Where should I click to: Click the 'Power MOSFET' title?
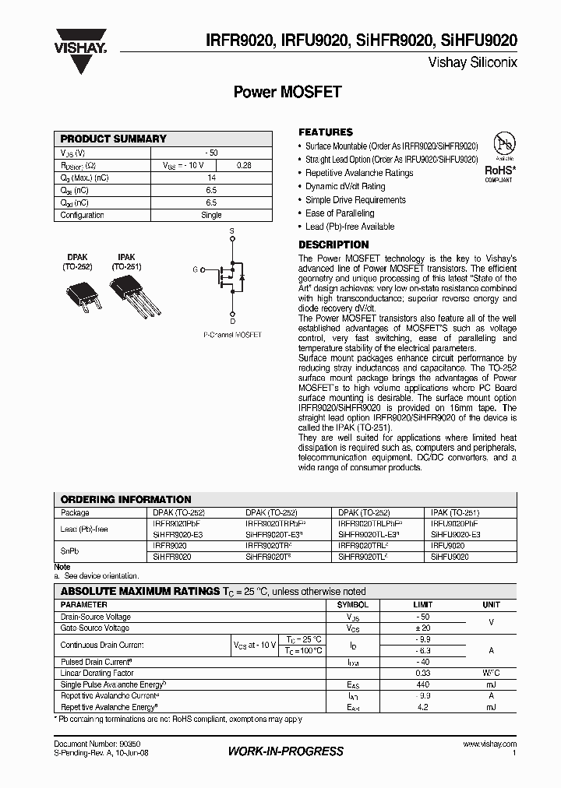pos(288,92)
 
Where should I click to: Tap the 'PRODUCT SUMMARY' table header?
pos(114,139)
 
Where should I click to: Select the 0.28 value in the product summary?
pos(244,165)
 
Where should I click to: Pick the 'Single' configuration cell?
pos(211,215)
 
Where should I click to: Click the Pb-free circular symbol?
pos(506,143)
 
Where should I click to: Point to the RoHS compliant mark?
pos(499,172)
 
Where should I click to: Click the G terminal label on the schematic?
pos(195,270)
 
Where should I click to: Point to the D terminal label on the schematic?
pos(231,320)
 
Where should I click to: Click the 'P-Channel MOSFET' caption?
pos(232,335)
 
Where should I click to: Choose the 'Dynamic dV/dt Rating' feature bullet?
pos(345,186)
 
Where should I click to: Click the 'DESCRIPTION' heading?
pos(333,244)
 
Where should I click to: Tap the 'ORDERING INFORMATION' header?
pos(126,499)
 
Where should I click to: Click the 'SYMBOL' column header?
pos(352,604)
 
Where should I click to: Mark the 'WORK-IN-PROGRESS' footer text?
pos(285,751)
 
